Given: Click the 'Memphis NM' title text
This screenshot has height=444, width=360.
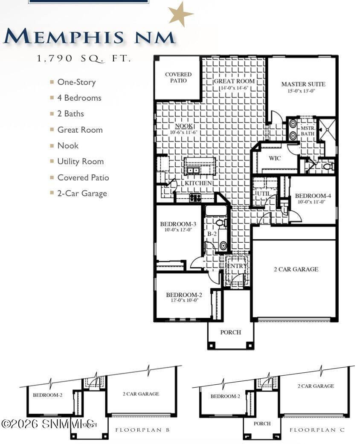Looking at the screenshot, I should click(89, 37).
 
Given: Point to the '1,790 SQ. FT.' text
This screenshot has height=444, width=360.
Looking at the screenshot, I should click(84, 59).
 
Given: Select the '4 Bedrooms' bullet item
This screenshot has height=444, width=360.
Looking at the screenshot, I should click(79, 98).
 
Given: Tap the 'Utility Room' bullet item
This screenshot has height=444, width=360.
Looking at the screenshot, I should click(80, 161).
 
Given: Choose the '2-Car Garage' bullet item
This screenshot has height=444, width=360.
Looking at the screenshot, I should click(82, 193).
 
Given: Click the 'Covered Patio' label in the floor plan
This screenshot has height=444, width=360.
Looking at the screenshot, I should click(178, 77).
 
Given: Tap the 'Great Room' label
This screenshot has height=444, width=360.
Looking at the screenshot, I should click(234, 81).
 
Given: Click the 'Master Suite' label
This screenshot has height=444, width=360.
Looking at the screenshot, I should click(303, 84).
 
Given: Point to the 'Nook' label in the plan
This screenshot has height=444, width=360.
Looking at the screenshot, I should click(184, 126).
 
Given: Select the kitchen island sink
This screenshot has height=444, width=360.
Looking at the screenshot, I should click(193, 171).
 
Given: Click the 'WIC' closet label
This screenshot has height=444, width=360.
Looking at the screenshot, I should click(275, 158).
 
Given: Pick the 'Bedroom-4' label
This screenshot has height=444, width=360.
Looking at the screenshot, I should click(313, 196).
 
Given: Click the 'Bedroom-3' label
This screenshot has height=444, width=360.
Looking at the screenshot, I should click(178, 224).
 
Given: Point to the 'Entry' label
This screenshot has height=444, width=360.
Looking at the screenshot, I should click(237, 266).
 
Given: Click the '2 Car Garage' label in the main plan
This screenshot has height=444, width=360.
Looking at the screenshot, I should click(296, 269).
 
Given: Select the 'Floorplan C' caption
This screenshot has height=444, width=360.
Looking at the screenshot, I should click(317, 430).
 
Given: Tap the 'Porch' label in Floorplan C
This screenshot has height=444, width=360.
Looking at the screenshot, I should click(262, 424).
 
